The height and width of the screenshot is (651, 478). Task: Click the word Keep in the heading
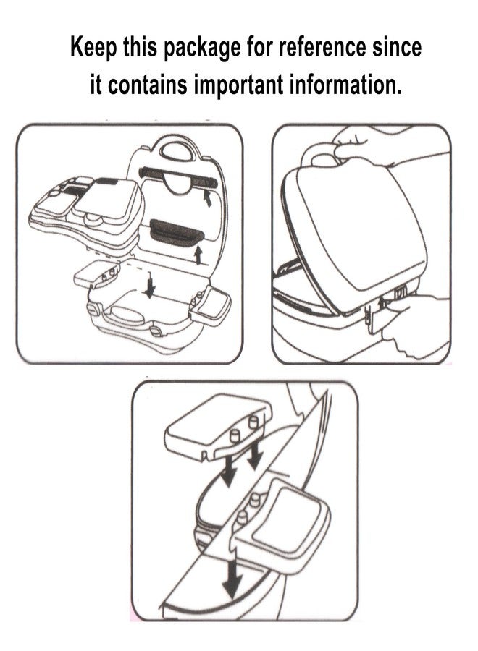(x=93, y=46)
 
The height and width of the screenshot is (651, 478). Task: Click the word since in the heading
(x=397, y=46)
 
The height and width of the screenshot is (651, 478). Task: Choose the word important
(x=238, y=85)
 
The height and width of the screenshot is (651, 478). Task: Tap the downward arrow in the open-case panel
(x=150, y=285)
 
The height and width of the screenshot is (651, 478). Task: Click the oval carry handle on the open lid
(x=177, y=152)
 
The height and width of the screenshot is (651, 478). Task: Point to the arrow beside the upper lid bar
(x=206, y=198)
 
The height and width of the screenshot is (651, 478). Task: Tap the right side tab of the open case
(x=211, y=305)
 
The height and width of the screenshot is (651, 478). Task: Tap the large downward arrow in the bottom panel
(x=232, y=573)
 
